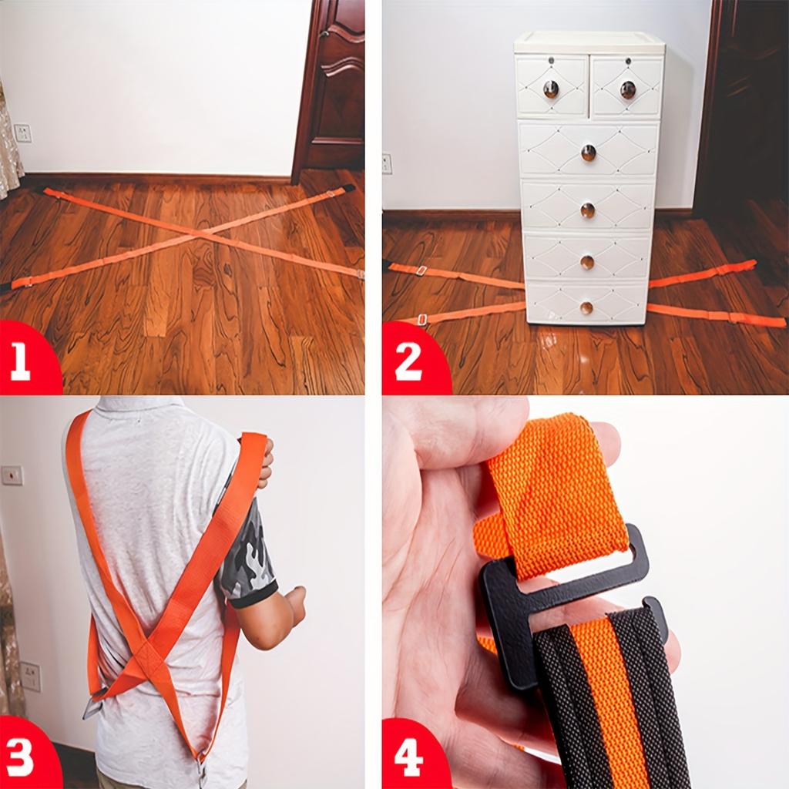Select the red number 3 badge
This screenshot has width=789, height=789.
(x=26, y=754)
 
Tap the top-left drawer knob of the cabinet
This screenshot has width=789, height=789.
(x=551, y=89)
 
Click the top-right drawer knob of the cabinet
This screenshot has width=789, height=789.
(x=627, y=90)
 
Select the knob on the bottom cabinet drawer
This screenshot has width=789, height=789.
(x=586, y=307)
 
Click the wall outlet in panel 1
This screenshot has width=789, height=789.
(x=22, y=133)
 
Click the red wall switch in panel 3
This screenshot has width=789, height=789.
(x=12, y=475)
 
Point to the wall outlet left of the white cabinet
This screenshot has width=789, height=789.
(x=387, y=164)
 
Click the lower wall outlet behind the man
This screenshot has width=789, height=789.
(x=30, y=677)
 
